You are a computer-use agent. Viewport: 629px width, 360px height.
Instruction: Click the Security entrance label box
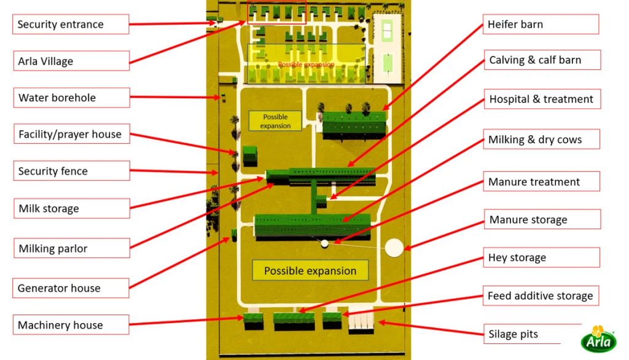pos(71,24)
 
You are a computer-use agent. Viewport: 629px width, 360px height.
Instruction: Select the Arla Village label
pos(71,61)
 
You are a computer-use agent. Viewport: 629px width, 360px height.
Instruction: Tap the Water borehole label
pos(71,98)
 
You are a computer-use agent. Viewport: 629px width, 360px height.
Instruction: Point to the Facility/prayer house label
pos(71,134)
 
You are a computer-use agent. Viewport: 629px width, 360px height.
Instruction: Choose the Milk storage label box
pos(72,208)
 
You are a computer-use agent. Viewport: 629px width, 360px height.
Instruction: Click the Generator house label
pos(71,288)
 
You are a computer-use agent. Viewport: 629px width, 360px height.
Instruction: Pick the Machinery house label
pos(71,325)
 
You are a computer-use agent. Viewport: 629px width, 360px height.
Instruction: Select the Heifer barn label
pos(541,24)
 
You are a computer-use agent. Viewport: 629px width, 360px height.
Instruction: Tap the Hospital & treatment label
pos(542,99)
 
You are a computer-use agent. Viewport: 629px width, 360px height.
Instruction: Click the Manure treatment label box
pos(542,181)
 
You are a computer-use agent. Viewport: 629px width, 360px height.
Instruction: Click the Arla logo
pos(598,339)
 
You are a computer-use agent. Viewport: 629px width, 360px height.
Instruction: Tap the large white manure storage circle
pos(394,248)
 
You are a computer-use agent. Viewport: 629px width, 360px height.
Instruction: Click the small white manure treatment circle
pos(324,243)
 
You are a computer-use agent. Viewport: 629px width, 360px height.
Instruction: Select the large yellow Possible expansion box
pos(310,270)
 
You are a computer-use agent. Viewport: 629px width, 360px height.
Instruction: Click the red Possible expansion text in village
pos(306,65)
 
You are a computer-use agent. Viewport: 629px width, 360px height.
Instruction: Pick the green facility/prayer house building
pos(249,155)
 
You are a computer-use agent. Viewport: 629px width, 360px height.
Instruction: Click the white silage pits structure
pos(361,323)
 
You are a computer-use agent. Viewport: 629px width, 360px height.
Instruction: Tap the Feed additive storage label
pos(541,295)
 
